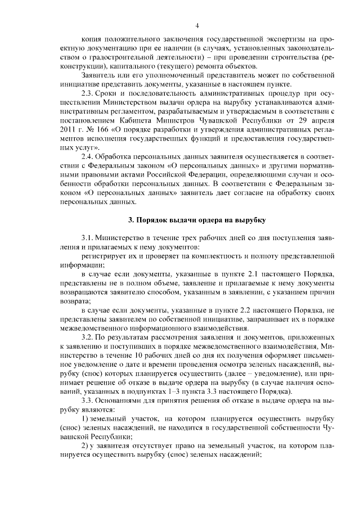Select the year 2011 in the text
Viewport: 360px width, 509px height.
(x=69, y=129)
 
